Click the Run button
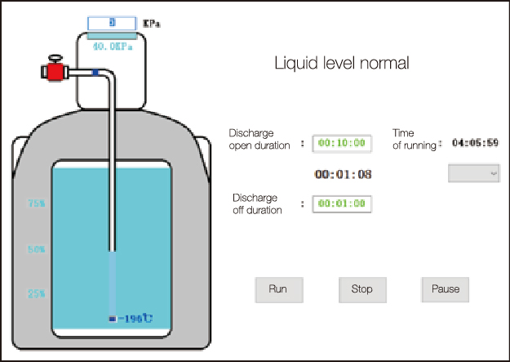tap(277, 288)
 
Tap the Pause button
tap(446, 288)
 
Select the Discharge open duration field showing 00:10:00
tap(341, 144)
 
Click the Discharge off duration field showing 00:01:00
tap(341, 203)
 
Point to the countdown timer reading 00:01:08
tap(344, 174)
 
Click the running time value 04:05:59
tap(475, 143)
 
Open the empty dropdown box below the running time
tap(474, 173)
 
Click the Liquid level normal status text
tap(341, 63)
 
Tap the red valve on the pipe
tap(55, 71)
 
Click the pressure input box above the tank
tap(113, 23)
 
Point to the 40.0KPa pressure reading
tap(112, 47)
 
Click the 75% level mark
tap(37, 203)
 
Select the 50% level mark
tap(37, 249)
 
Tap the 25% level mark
tap(37, 293)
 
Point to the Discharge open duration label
tap(259, 139)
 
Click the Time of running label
tap(415, 139)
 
